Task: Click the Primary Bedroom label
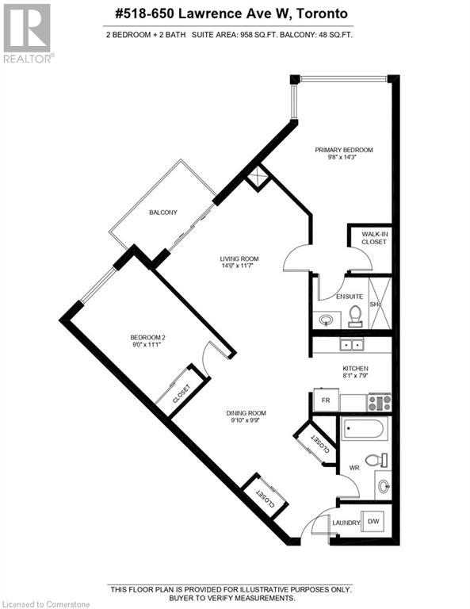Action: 343,150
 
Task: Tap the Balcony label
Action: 162,213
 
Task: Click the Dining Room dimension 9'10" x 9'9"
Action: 244,421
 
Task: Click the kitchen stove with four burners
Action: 378,402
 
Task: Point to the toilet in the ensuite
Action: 356,316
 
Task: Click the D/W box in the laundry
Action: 373,523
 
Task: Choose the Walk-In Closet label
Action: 374,238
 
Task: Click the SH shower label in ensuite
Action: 375,304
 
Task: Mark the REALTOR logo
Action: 28,33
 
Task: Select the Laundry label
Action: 346,522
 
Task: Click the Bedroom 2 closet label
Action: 176,393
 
